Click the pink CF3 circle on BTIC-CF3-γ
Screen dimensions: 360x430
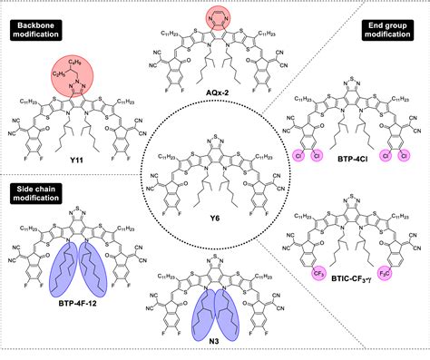point(312,268)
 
